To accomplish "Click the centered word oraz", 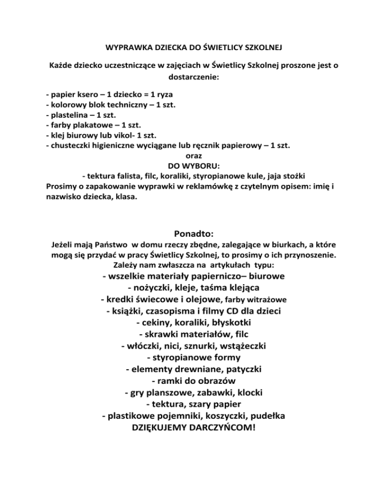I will pos(194,157).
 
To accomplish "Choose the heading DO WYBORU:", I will pos(195,167).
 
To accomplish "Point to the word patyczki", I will pos(240,369).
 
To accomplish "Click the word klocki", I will pos(248,392).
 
